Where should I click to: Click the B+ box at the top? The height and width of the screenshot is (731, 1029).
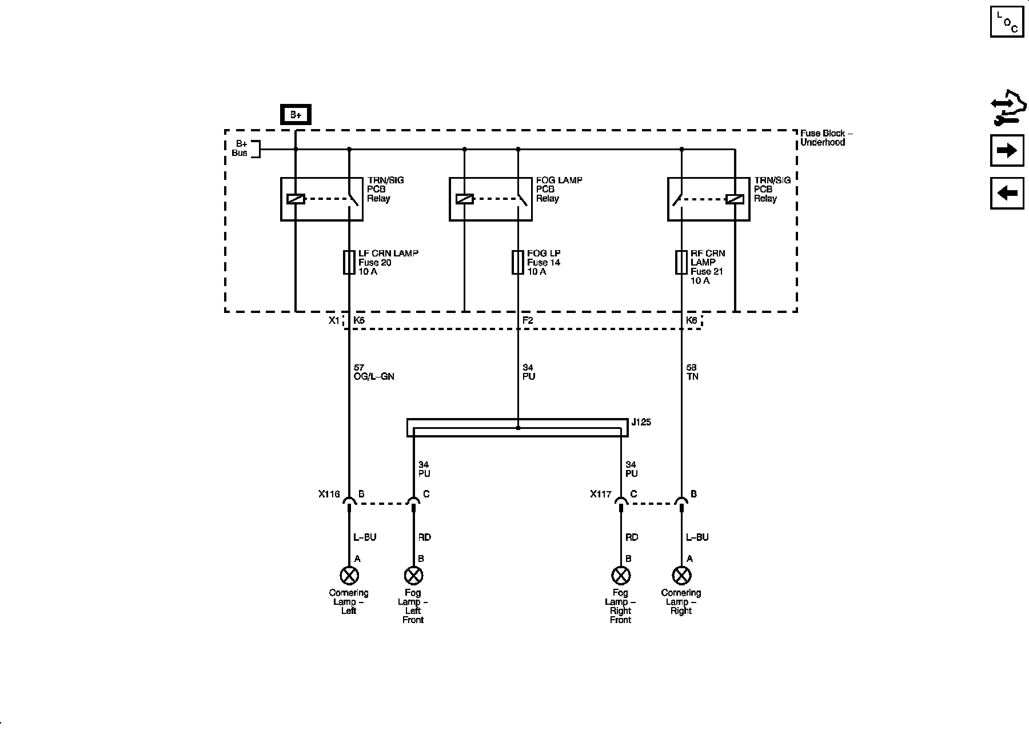(296, 115)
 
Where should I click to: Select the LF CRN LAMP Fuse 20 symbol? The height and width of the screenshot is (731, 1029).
(349, 262)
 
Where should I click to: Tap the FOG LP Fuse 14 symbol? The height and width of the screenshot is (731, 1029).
(518, 262)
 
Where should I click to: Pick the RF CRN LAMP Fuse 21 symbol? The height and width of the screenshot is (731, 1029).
(681, 262)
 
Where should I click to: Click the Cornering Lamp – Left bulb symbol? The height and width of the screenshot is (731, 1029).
(349, 575)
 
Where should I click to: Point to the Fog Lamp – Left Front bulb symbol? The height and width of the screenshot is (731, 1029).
(413, 575)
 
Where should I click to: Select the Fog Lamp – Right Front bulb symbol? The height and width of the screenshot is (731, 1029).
(620, 575)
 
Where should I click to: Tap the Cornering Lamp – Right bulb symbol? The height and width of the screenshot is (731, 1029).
(681, 575)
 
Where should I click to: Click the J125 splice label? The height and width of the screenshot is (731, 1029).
(641, 423)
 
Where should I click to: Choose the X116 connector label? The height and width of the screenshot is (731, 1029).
(329, 494)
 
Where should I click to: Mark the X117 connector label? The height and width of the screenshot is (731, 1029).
(601, 494)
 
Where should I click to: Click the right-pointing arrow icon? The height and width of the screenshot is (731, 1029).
(1007, 151)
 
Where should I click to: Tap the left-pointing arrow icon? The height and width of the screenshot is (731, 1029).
(1007, 193)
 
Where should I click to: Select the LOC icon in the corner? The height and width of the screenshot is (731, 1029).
(1007, 22)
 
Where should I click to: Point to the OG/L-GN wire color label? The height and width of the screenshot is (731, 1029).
(374, 377)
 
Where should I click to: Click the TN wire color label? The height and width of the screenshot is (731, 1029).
(692, 377)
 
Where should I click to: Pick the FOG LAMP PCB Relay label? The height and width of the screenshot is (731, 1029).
(559, 189)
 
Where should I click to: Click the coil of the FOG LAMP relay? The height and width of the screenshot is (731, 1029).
(464, 199)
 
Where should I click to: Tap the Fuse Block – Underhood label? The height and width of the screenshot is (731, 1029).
(825, 138)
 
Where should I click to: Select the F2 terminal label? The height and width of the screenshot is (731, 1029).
(528, 320)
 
